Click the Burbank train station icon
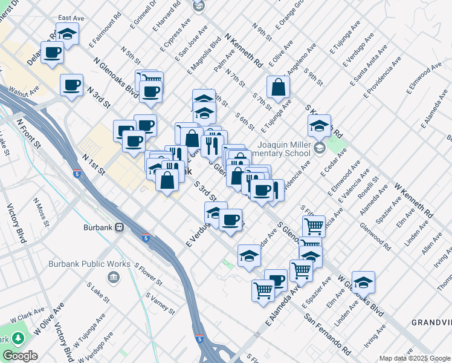pyautogui.click(x=120, y=227)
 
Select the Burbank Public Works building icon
pyautogui.click(x=112, y=277)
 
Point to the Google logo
pyautogui.click(x=20, y=355)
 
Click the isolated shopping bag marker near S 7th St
pyautogui.click(x=277, y=88)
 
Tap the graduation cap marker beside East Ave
pyautogui.click(x=68, y=35)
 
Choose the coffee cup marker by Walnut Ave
pyautogui.click(x=71, y=86)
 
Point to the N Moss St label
pyautogui.click(x=42, y=208)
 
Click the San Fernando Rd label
pyautogui.click(x=328, y=334)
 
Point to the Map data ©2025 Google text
pyautogui.click(x=414, y=358)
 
